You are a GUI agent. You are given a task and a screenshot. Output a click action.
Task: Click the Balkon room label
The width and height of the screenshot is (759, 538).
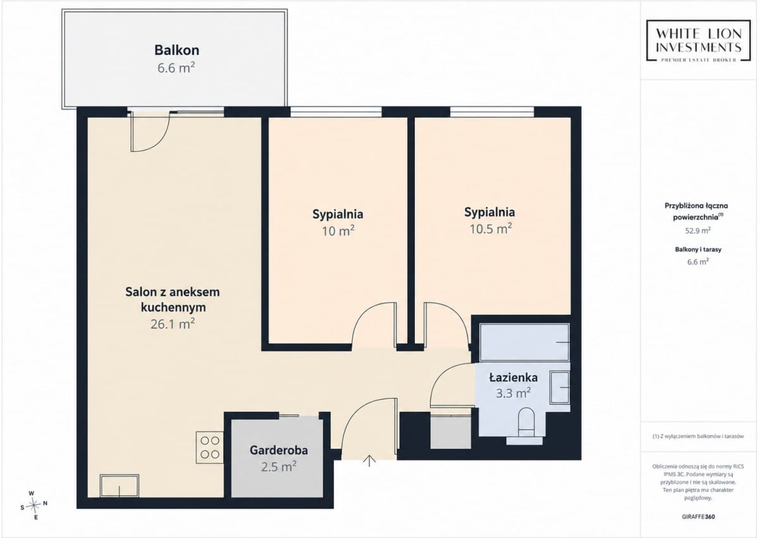176,50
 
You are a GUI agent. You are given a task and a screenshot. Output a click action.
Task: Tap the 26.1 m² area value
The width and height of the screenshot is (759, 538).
173,324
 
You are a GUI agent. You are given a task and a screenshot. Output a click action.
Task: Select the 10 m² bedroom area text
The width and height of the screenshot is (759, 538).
338,231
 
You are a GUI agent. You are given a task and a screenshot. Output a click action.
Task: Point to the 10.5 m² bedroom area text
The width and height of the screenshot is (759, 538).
490,229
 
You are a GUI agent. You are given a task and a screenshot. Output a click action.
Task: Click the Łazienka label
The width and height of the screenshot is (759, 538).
514,377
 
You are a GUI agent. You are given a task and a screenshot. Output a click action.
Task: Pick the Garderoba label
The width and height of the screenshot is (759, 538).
278,450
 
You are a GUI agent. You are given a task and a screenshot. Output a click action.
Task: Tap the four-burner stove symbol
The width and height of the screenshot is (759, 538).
210,447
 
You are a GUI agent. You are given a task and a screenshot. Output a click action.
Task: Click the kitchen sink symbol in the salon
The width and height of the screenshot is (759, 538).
120,486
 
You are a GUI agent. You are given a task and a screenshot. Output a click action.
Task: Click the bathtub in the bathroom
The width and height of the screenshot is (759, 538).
524,342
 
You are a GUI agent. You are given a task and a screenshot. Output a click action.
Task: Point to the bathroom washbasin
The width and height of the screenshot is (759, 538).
559,387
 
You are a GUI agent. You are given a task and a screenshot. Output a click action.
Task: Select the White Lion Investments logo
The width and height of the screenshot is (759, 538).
698,41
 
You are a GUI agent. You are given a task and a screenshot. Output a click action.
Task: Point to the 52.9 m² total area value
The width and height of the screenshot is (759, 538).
698,230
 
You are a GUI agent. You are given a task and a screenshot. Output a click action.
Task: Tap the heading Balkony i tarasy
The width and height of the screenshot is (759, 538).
698,249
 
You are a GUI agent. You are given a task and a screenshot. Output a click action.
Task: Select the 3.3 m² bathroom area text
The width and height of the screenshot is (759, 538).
514,393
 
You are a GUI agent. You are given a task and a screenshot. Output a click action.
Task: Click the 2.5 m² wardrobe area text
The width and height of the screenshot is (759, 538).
279,467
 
